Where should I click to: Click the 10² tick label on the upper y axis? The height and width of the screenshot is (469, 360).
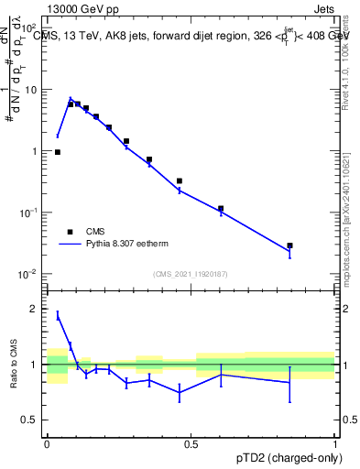(29, 28)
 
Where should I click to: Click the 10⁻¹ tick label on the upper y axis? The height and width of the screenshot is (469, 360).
(29, 213)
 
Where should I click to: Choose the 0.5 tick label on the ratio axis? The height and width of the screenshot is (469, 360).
(31, 420)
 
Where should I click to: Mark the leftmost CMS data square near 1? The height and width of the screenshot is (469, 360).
(58, 152)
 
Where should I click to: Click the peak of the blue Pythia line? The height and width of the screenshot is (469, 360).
(71, 98)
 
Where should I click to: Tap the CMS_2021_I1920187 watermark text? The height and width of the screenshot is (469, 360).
(191, 273)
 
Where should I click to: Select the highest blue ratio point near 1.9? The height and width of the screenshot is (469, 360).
(58, 315)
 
